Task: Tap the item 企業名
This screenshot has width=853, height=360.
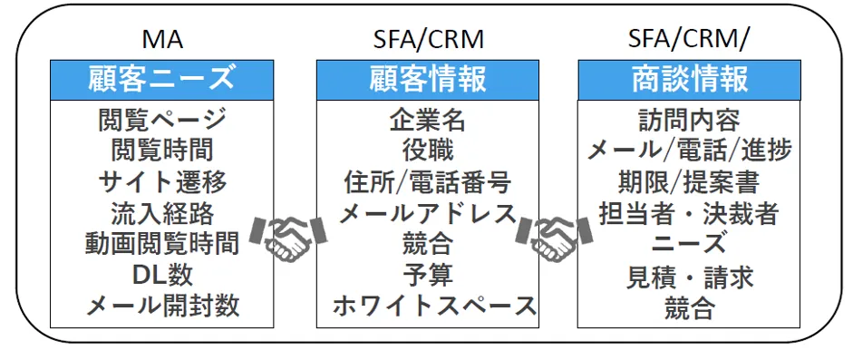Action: [428, 120]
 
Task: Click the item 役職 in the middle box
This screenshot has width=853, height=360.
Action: [428, 150]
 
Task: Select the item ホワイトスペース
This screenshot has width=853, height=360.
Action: [428, 305]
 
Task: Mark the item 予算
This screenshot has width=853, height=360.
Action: [428, 274]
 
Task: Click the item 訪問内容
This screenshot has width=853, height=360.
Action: [690, 120]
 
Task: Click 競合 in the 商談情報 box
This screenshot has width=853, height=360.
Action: [690, 308]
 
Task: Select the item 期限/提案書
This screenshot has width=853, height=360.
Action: [690, 181]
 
